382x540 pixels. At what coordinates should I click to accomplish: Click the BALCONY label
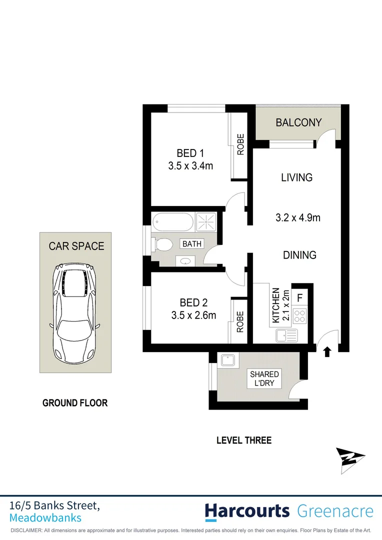coord(298,122)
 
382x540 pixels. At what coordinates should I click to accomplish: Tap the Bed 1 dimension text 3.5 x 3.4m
coord(190,165)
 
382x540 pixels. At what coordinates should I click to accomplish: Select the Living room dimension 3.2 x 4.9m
coord(298,217)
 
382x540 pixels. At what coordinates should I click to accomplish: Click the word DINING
coord(299,255)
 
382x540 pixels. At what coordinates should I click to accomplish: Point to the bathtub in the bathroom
coord(172,221)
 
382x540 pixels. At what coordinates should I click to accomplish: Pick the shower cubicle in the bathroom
coord(204,221)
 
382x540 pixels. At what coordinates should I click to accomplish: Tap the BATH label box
coord(192,244)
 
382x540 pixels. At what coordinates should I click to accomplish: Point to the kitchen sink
coord(285,335)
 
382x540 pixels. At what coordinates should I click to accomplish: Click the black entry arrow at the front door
coord(327,352)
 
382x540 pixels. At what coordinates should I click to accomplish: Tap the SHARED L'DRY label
coord(264,378)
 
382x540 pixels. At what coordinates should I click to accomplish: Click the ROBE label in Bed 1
coord(240,144)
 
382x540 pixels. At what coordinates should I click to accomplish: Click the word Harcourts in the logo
coord(247,511)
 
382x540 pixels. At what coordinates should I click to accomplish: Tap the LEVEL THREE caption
coord(243,440)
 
